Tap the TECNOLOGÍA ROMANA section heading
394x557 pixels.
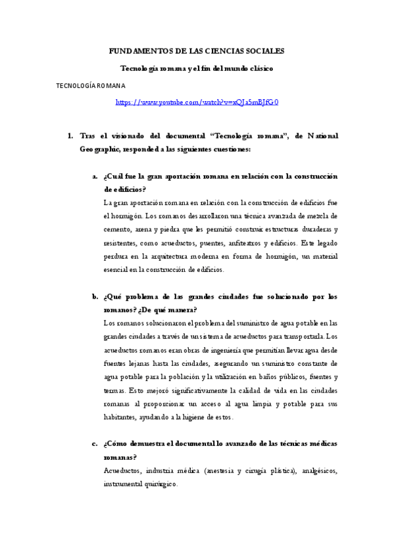pyautogui.click(x=91, y=85)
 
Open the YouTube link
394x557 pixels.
pyautogui.click(x=197, y=102)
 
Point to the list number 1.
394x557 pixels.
pyautogui.click(x=70, y=136)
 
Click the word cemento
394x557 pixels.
pyautogui.click(x=118, y=229)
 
